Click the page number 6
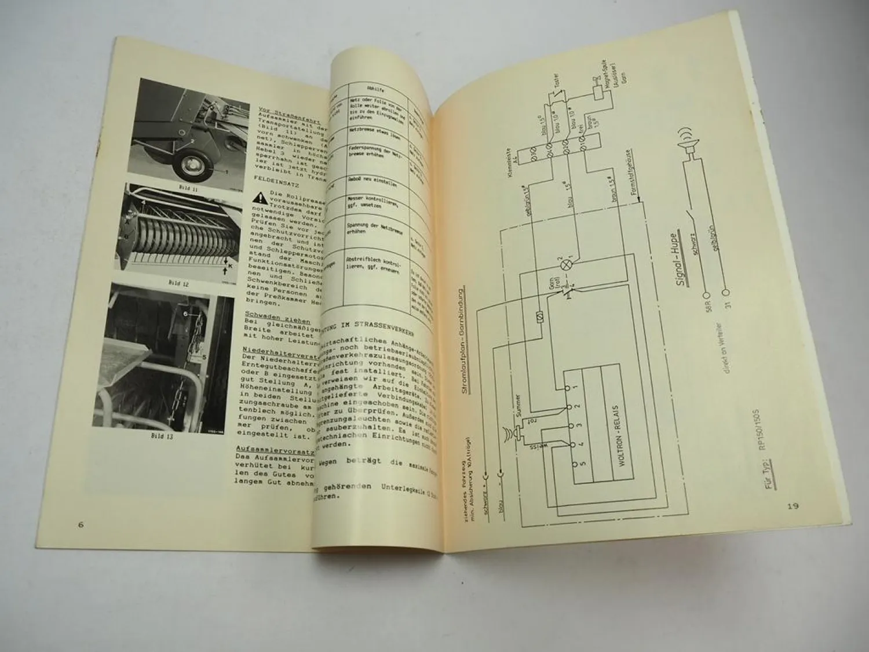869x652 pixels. pyautogui.click(x=81, y=525)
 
